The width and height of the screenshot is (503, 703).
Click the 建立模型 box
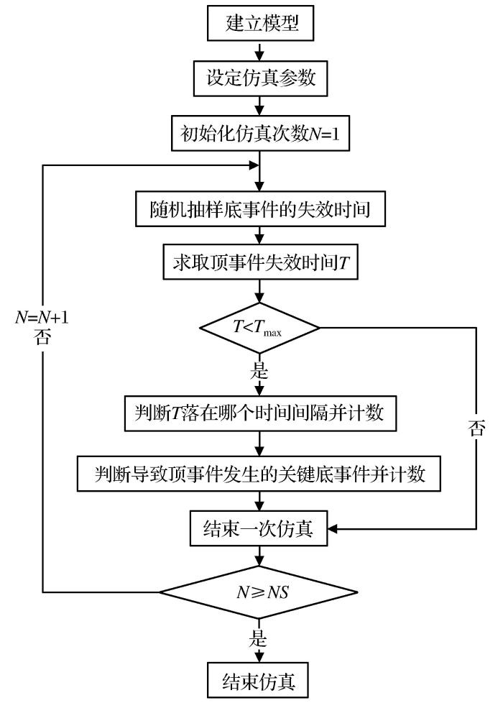click(259, 25)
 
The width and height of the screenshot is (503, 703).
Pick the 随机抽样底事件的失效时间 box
click(259, 209)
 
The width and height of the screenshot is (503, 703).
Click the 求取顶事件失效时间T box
click(259, 263)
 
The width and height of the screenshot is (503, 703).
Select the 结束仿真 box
click(259, 677)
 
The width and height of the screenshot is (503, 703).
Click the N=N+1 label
click(43, 317)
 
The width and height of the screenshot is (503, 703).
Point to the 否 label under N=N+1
click(43, 338)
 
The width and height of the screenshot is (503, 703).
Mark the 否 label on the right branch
click(477, 430)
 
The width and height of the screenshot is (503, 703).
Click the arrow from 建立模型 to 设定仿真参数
click(259, 52)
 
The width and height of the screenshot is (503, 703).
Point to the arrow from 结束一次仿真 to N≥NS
click(259, 560)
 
